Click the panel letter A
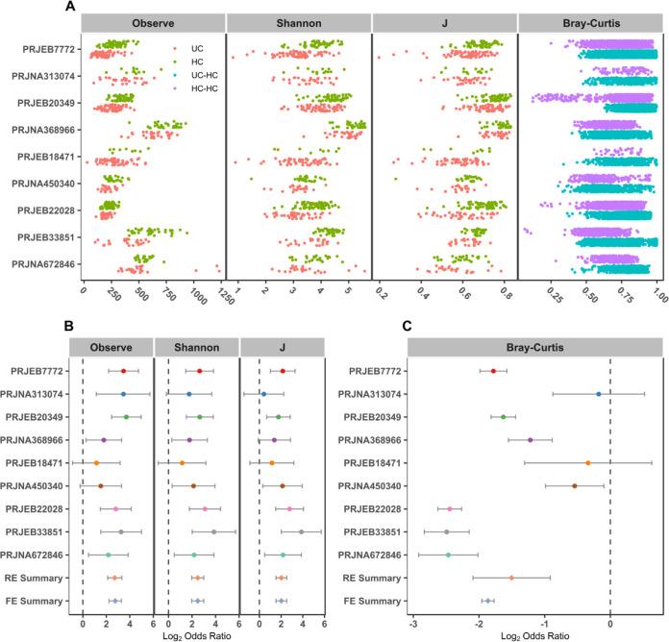[71, 7]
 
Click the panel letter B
[71, 326]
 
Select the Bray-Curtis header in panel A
[588, 22]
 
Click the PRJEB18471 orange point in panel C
[587, 463]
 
